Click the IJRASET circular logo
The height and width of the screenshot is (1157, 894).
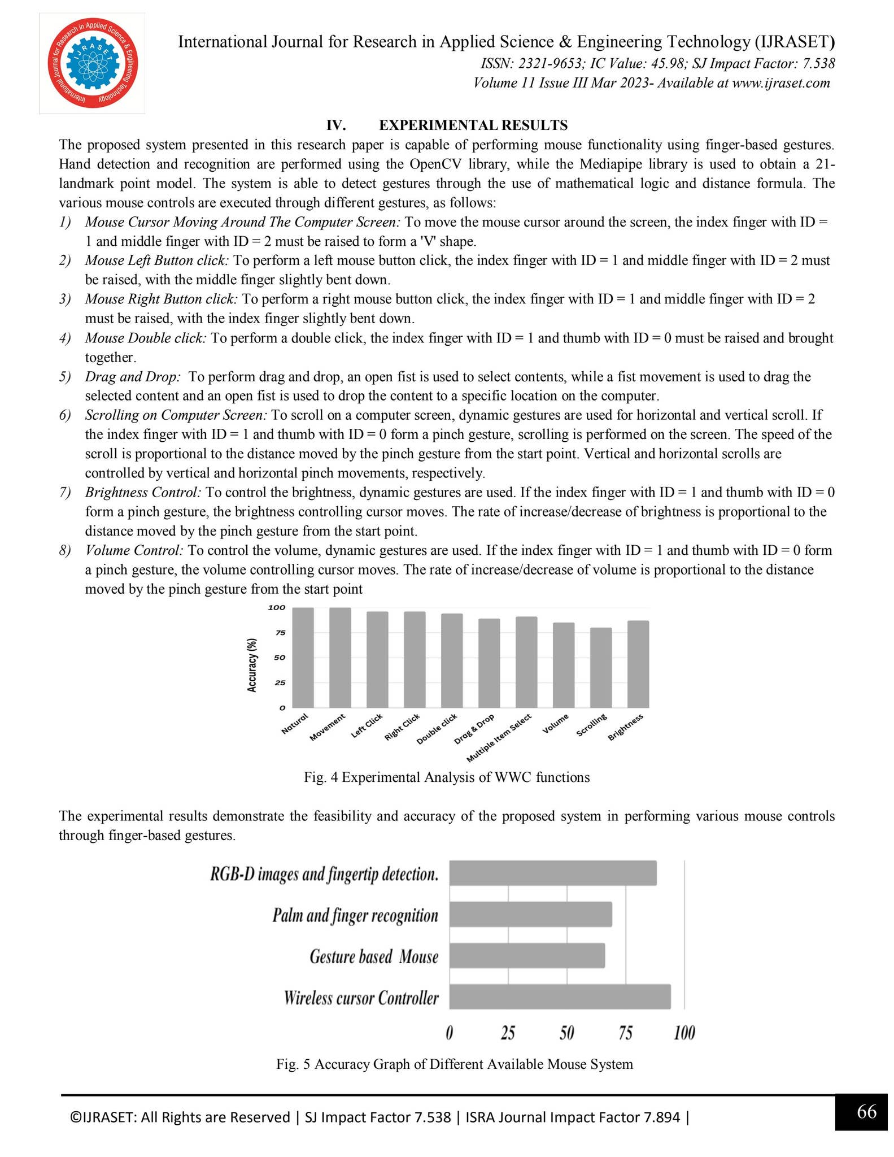click(91, 63)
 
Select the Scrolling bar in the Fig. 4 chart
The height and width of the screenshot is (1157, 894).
click(601, 667)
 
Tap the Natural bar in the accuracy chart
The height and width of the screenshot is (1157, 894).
click(303, 658)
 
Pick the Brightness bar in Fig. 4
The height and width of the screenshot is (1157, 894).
click(638, 664)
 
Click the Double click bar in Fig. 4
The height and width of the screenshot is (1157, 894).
click(452, 660)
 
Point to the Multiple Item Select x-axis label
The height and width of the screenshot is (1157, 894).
click(499, 738)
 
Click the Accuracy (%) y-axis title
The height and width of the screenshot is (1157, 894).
click(252, 665)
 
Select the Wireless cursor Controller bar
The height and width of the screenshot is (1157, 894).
click(560, 997)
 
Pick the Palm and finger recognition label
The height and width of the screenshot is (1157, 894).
click(355, 915)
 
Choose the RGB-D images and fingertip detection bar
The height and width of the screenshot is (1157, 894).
click(553, 873)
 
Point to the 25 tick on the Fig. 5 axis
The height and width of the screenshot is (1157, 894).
click(508, 1033)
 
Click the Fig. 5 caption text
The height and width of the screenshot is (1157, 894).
click(454, 1064)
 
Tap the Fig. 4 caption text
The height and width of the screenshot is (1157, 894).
click(447, 777)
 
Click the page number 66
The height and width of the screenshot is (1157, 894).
click(866, 1112)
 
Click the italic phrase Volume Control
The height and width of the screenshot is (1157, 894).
click(134, 550)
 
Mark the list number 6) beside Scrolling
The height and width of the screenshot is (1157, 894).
click(65, 415)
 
